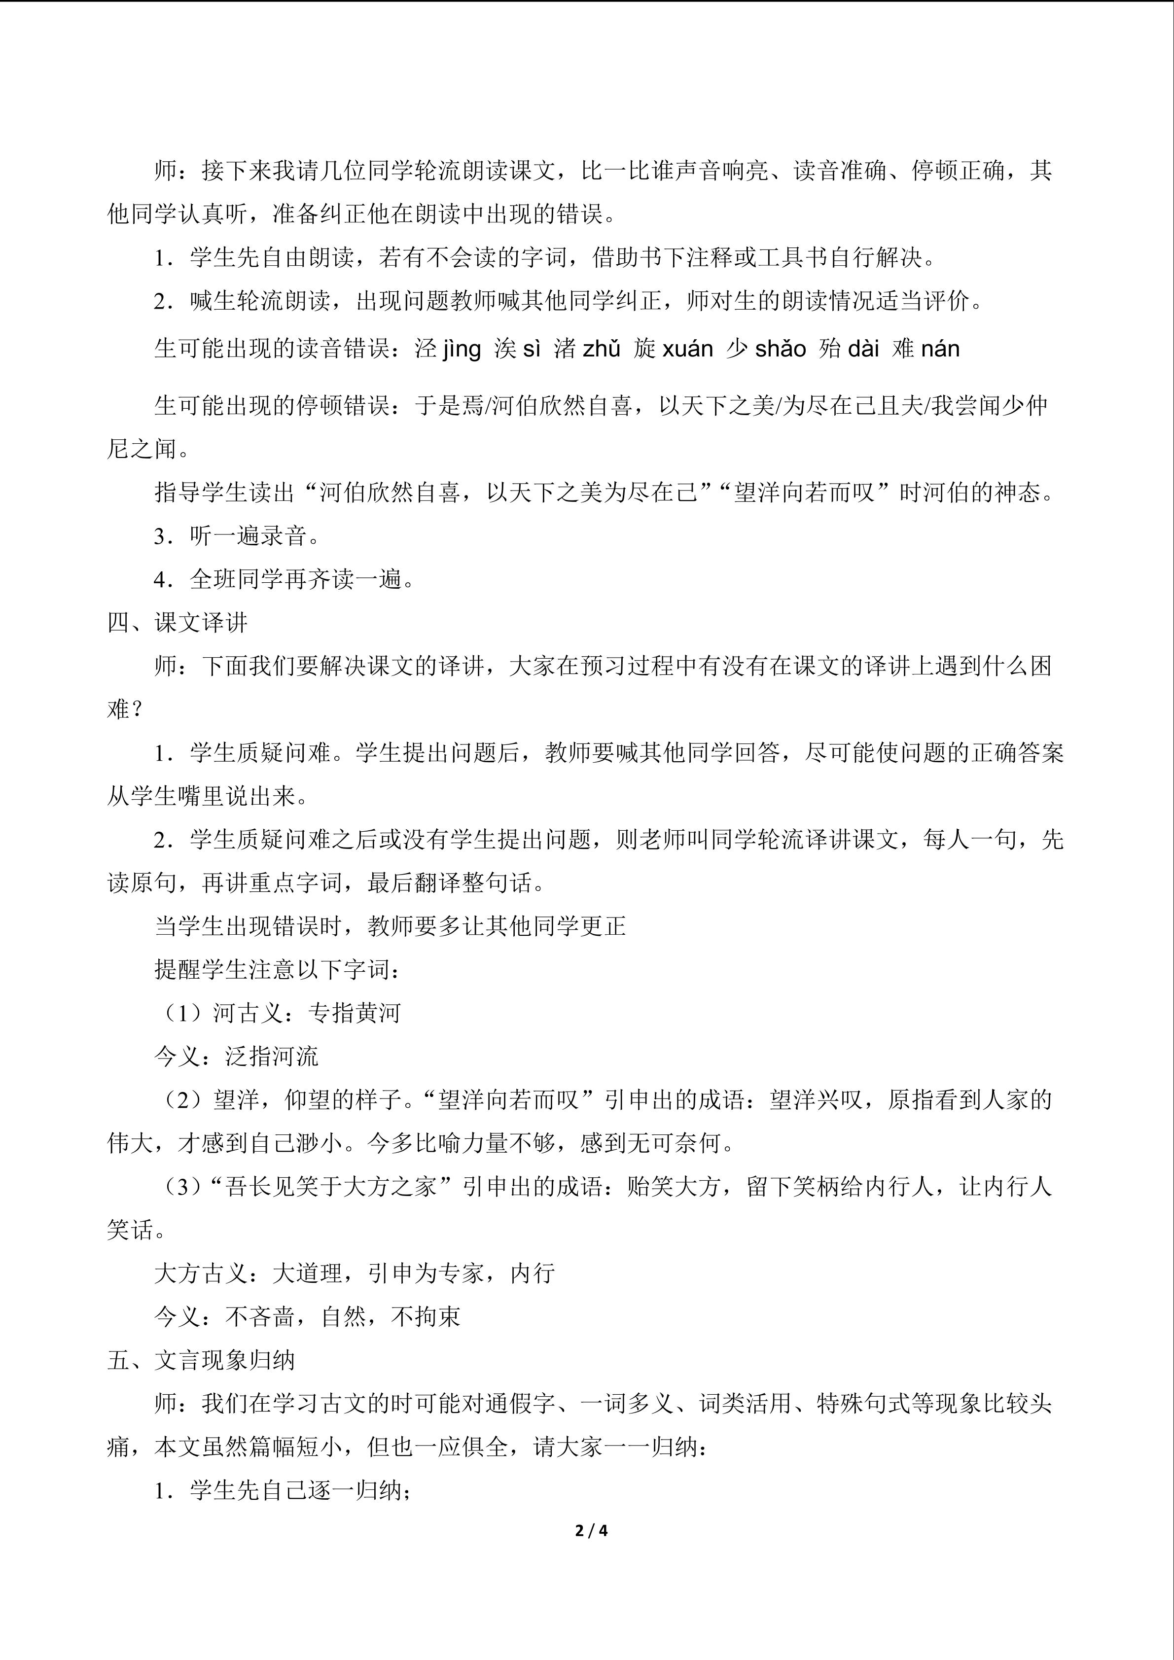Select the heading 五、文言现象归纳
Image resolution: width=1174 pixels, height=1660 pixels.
click(201, 1360)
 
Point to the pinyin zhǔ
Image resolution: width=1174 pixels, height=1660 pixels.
click(602, 349)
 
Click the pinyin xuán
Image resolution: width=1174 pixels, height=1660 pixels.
click(687, 349)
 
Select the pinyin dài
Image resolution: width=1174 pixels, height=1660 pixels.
click(863, 349)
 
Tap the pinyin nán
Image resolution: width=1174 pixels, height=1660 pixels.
click(940, 349)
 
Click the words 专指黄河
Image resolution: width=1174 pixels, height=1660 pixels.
click(354, 1013)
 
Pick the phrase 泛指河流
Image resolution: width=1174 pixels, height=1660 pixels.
click(272, 1057)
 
